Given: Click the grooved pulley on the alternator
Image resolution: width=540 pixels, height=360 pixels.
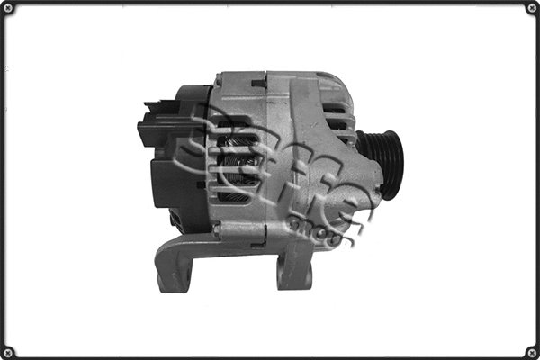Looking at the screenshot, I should (381, 165).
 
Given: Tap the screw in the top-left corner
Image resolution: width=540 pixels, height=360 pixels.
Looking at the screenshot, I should (9, 9).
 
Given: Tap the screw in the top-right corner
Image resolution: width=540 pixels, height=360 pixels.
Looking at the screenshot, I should (531, 9).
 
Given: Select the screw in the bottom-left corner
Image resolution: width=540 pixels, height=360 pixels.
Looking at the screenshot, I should (9, 351).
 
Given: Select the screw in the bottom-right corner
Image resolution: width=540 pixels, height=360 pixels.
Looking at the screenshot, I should (531, 351).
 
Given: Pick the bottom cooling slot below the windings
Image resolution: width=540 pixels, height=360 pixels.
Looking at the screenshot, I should (236, 195).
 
